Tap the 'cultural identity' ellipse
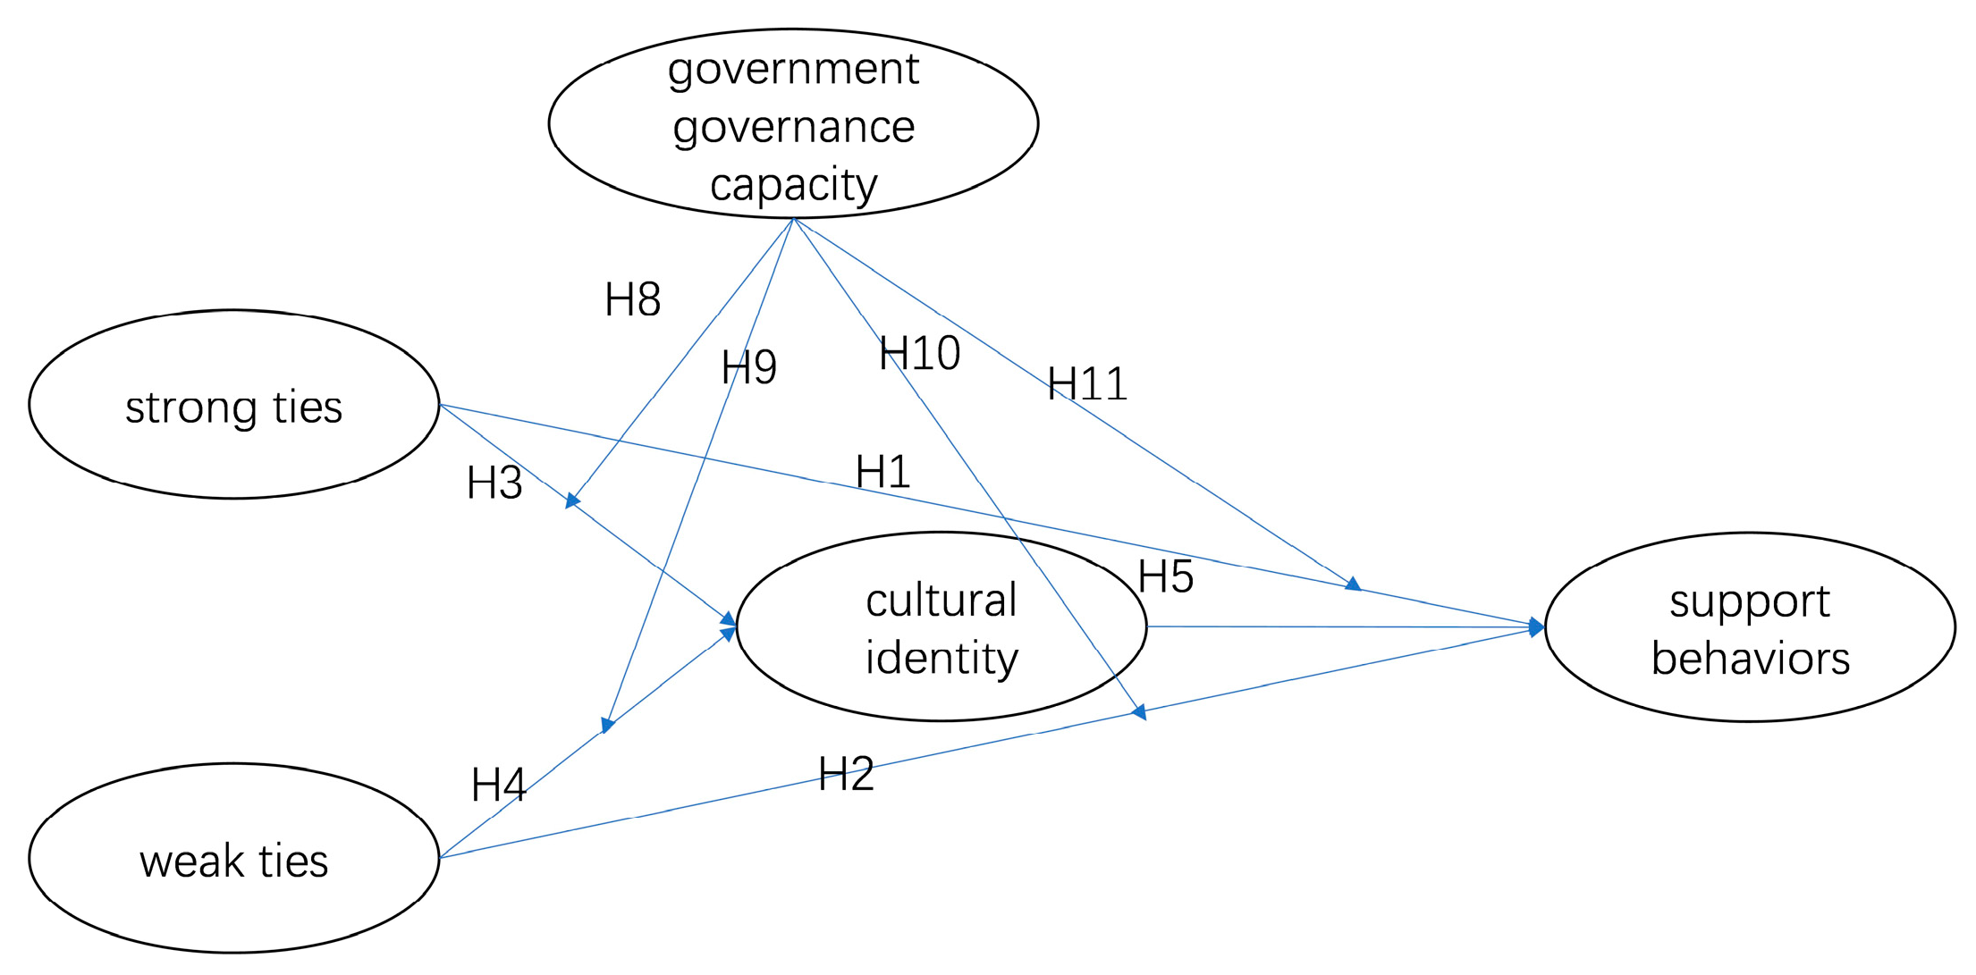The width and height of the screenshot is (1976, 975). (941, 626)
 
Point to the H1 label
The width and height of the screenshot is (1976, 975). (882, 472)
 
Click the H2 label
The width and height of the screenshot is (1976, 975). (846, 774)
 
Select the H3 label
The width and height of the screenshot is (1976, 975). (494, 483)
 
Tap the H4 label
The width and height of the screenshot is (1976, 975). (498, 786)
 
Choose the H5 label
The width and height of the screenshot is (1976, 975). (1165, 576)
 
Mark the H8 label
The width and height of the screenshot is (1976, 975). (632, 299)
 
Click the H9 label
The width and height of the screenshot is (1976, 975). (748, 367)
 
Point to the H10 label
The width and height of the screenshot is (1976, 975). (919, 353)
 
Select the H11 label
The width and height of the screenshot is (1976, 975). (1087, 384)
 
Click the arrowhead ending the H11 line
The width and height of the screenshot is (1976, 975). (1354, 584)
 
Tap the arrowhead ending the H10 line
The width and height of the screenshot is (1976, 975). (1139, 712)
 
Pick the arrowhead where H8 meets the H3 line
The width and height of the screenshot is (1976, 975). (573, 501)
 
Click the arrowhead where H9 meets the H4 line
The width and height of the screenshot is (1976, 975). (608, 725)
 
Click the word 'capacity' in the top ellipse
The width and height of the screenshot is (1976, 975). (793, 185)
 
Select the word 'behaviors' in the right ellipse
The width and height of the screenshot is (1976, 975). (1750, 659)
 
